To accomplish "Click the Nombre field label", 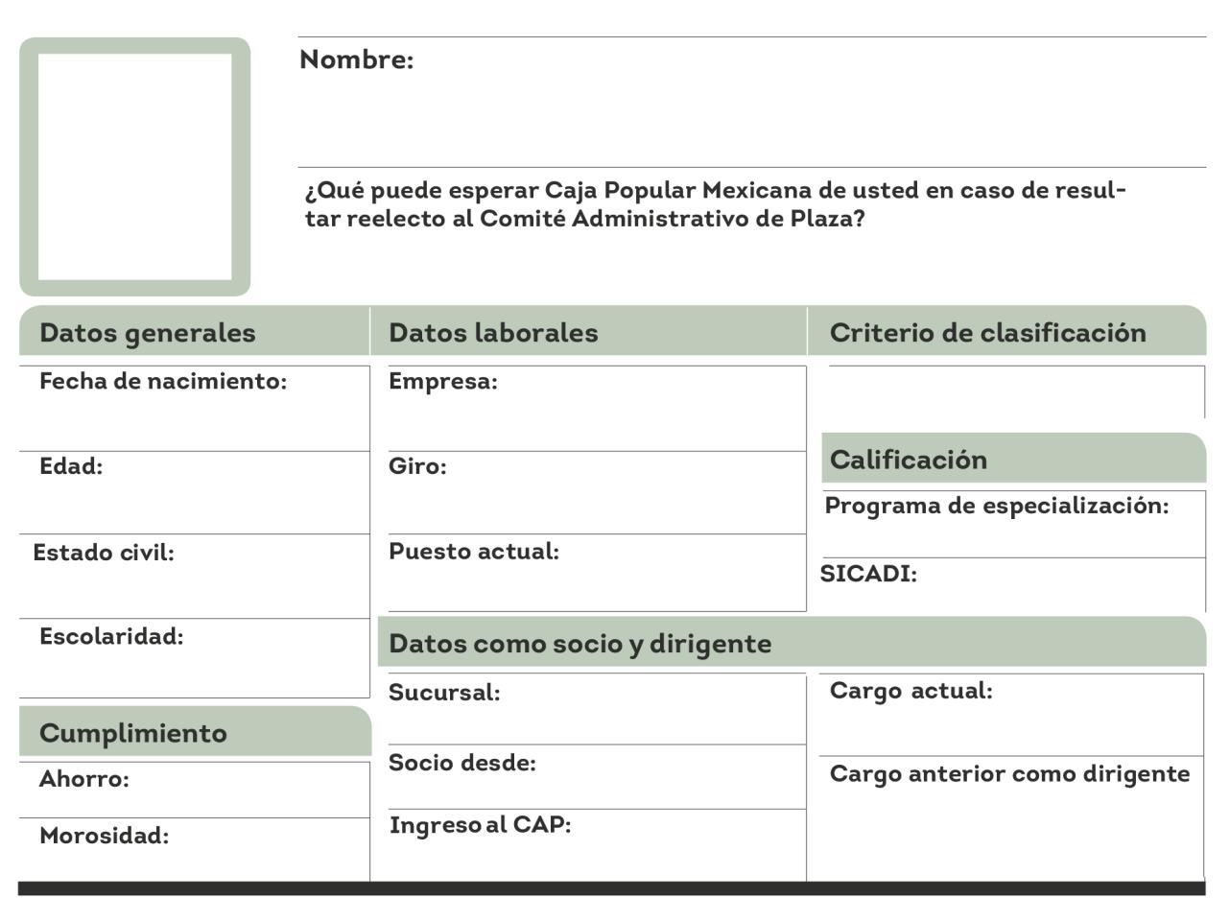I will (356, 59).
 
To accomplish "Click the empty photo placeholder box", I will (134, 166).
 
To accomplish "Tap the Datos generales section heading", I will (148, 333).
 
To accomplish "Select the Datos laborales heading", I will (493, 333).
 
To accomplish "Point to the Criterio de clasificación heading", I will (987, 333).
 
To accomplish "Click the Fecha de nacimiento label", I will (163, 382).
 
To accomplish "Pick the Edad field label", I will (71, 466).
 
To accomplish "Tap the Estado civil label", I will (104, 553).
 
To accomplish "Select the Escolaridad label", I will (111, 636).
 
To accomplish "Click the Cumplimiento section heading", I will (133, 733).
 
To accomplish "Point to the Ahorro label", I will (84, 779).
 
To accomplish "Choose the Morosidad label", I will (104, 836).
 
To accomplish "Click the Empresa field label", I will (443, 382).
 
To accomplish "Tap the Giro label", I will (417, 466).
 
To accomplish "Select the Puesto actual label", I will (474, 552).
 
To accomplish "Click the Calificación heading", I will (908, 460).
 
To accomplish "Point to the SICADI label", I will (868, 574).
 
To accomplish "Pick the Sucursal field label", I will (444, 693).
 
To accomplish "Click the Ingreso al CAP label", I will (480, 825).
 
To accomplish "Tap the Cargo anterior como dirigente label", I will (1009, 774).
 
